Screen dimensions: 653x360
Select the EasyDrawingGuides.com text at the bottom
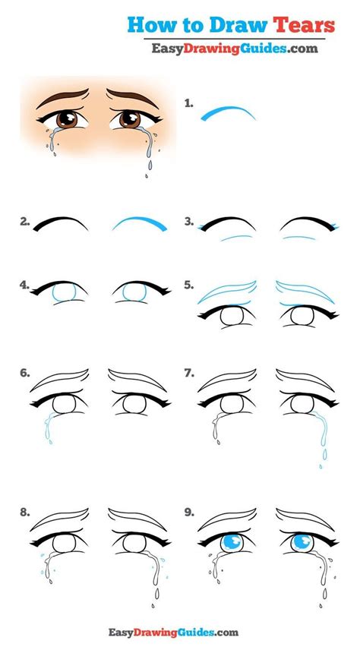point(179,631)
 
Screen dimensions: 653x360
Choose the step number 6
point(26,374)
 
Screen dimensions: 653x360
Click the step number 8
point(26,513)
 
